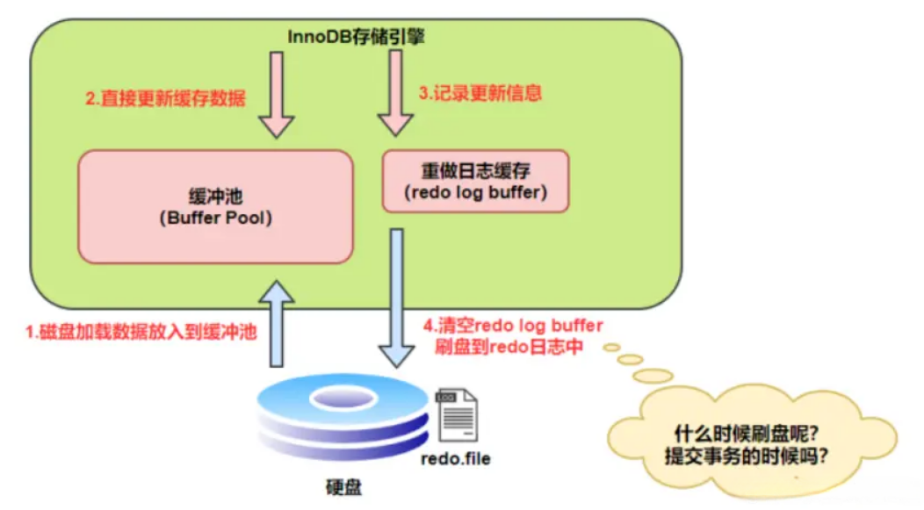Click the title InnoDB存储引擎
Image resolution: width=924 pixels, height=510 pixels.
tap(356, 37)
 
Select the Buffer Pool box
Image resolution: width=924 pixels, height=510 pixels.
tap(216, 206)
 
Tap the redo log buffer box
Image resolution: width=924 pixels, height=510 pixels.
tap(475, 181)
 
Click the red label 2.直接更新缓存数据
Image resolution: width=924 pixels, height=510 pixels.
tap(166, 97)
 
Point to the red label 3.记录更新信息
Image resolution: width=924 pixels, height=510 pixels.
tap(480, 92)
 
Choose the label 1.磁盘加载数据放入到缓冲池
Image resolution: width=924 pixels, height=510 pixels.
tap(141, 332)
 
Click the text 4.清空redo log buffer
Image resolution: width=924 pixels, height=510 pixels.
tap(513, 326)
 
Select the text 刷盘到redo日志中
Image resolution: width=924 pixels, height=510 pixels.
tap(509, 346)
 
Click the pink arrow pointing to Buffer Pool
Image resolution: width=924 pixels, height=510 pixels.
tap(277, 95)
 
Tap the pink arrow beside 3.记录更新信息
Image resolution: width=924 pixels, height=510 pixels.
tap(395, 93)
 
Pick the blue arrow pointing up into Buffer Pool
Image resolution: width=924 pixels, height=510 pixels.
tap(277, 324)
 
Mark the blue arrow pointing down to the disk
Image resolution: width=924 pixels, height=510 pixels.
tap(397, 298)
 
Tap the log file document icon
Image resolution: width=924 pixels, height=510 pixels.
tap(457, 414)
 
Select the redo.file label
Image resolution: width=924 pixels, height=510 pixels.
tap(456, 459)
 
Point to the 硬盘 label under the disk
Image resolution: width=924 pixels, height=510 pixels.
tap(344, 488)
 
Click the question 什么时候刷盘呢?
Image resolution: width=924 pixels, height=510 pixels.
tap(747, 435)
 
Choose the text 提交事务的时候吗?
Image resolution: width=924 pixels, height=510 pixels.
tap(747, 456)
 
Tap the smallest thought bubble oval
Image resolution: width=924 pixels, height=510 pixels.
tap(611, 348)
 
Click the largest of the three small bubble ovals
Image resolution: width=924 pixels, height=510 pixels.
tap(653, 376)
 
